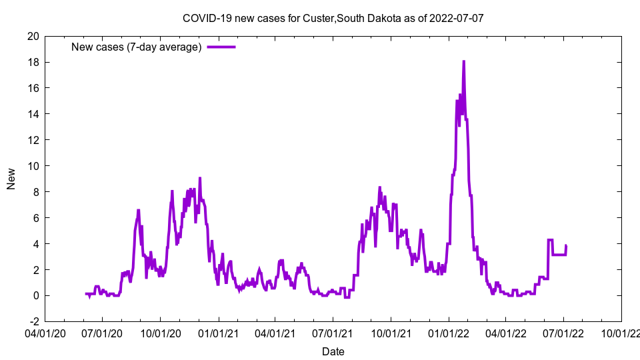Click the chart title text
coord(333,18)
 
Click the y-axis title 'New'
coord(11,179)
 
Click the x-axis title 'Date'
coord(333,351)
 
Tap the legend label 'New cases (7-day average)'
coord(136,47)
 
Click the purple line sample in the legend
coord(221,47)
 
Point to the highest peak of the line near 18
coord(463,61)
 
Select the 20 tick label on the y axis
coord(33,36)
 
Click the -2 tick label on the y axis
coord(33,322)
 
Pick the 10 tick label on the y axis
coord(33,166)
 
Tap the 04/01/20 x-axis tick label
coord(45,331)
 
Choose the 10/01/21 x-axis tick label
coord(390,331)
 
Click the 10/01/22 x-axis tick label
coord(621,331)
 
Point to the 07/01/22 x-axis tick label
coord(563,331)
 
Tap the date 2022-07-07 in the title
coord(458,18)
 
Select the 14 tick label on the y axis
coord(33,114)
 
